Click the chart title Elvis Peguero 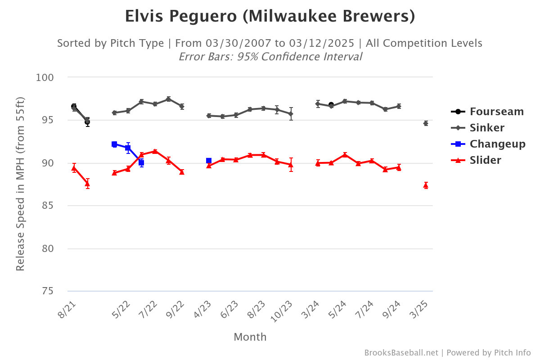(270, 17)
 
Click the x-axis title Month (250, 337)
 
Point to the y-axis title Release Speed (20, 184)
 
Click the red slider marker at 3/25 (426, 185)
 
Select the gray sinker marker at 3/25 (426, 123)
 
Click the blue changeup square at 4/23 (209, 161)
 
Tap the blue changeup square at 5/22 (114, 144)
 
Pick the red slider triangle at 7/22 (155, 151)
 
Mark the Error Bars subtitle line (270, 57)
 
